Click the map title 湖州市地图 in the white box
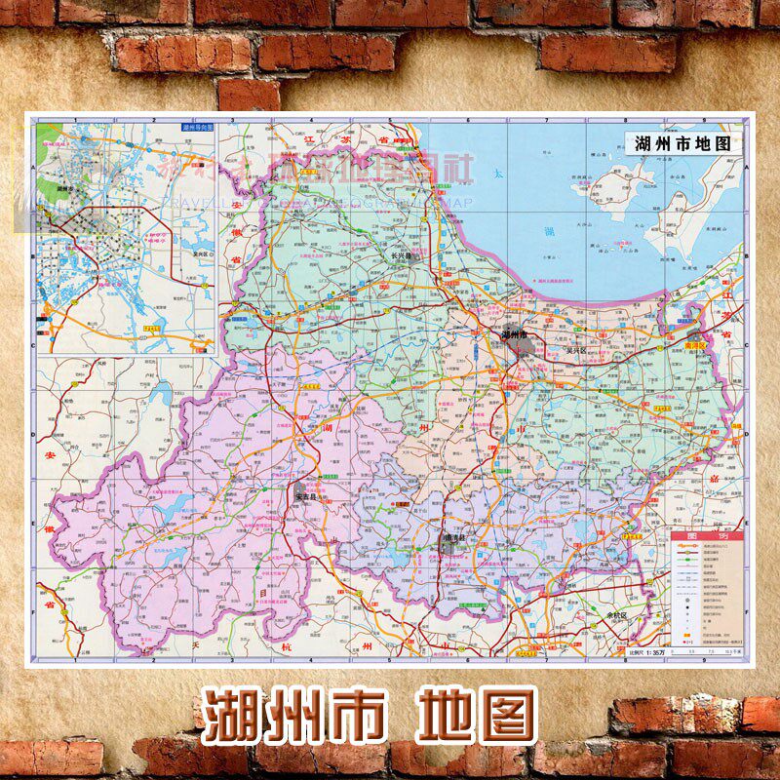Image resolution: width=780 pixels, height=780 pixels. (682, 142)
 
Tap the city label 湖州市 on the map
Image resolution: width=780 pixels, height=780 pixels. (514, 334)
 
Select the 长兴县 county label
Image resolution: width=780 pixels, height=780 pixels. (403, 257)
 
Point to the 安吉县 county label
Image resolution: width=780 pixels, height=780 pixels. (309, 495)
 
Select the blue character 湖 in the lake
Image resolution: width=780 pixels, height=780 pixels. (548, 231)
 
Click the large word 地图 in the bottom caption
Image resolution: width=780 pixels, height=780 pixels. (477, 717)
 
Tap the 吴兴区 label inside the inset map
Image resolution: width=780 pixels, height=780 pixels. (202, 252)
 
